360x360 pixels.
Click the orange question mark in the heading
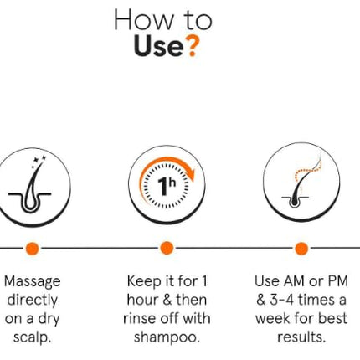point(193,47)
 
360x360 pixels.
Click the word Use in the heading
point(159,47)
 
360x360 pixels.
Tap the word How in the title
point(143,19)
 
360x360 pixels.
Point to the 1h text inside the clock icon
point(167,186)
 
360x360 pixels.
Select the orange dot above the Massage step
point(32,248)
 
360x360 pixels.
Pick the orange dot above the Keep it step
point(167,248)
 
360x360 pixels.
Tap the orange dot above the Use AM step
point(301,248)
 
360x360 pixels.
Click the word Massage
point(33,282)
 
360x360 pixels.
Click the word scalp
point(32,337)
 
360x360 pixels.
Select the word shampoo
point(167,337)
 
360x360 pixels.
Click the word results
point(301,337)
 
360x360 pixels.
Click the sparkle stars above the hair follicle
point(39,161)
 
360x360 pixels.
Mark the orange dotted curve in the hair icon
point(307,171)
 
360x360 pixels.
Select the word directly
point(32,301)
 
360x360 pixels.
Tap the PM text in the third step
point(337,281)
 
